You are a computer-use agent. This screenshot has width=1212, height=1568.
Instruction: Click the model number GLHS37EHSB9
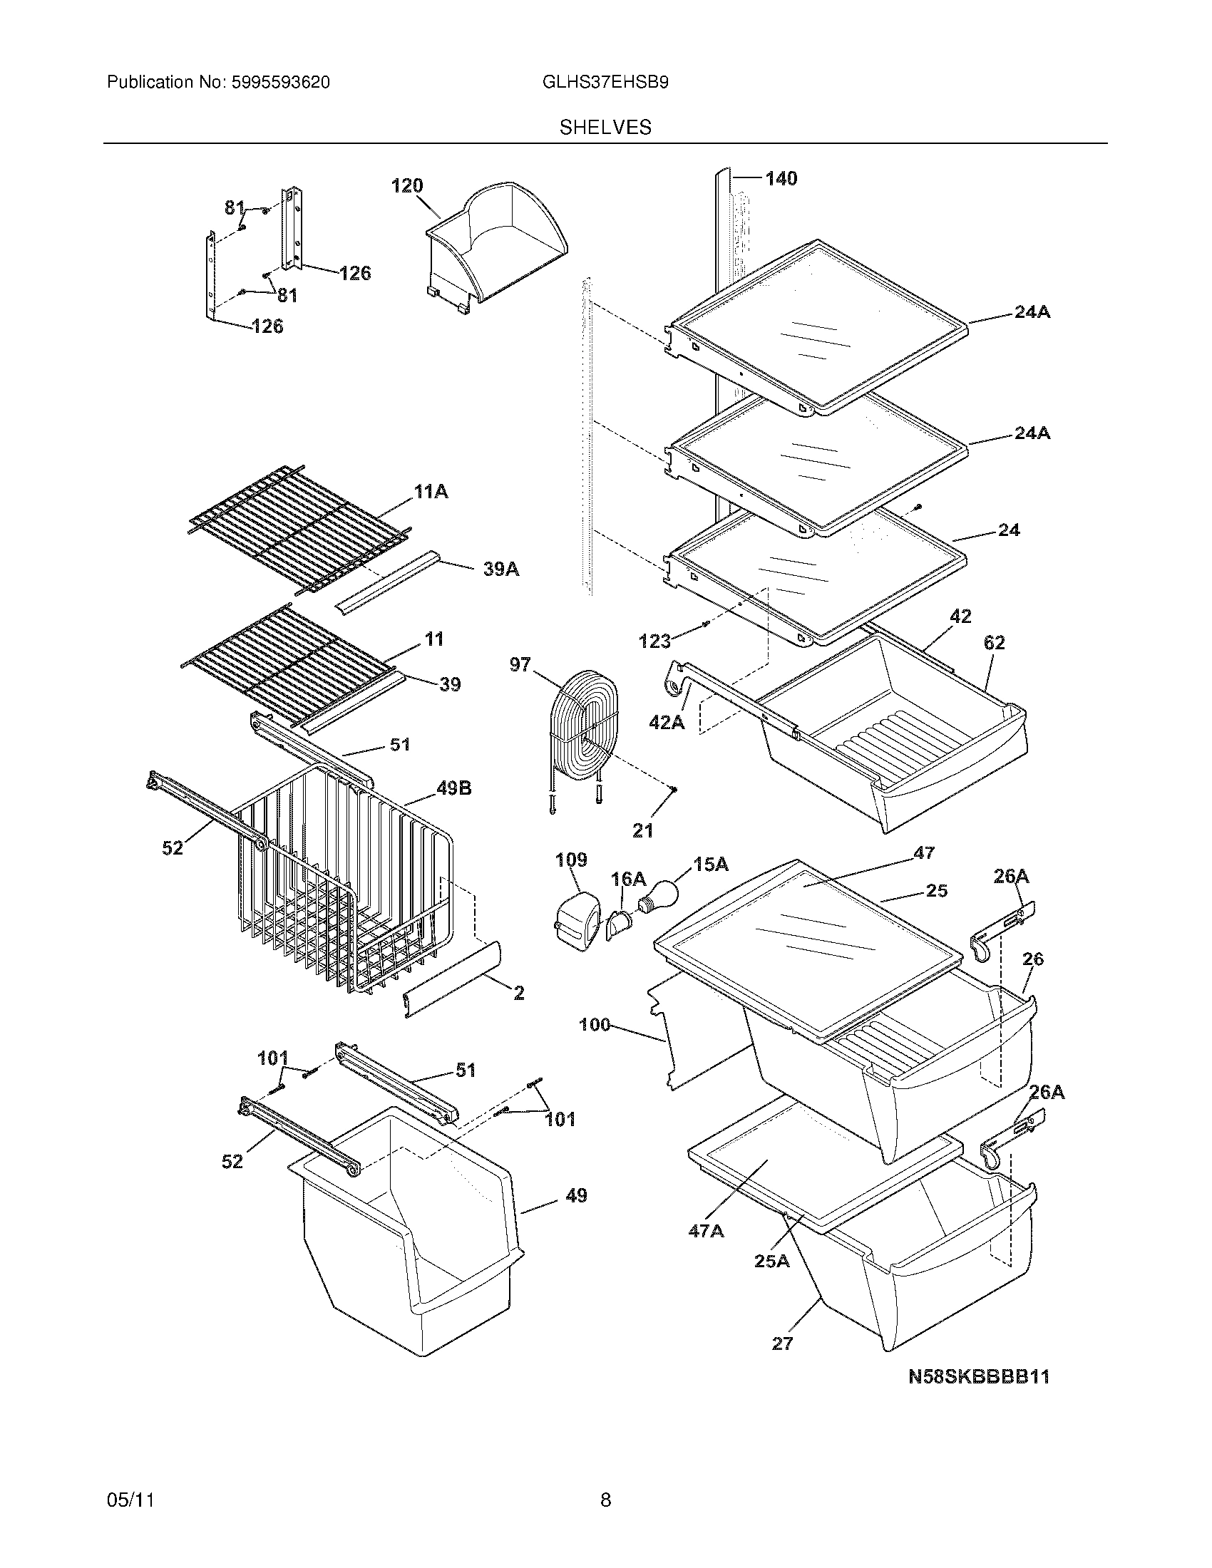605,83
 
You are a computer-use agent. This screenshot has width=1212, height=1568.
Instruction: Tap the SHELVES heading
605,128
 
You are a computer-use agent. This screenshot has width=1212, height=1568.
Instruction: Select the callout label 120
406,186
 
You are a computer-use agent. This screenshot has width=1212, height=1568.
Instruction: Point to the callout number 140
781,179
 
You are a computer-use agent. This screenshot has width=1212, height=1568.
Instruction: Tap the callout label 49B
453,789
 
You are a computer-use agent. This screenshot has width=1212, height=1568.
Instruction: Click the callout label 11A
431,492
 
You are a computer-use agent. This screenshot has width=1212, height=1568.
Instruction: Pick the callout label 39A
500,569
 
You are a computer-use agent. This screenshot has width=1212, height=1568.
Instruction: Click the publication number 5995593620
280,83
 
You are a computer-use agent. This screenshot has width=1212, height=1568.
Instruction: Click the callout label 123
654,641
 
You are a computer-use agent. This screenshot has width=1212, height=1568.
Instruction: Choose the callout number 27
782,1344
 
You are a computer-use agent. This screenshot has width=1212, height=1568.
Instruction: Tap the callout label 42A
667,722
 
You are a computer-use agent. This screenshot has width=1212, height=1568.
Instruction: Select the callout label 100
594,1024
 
